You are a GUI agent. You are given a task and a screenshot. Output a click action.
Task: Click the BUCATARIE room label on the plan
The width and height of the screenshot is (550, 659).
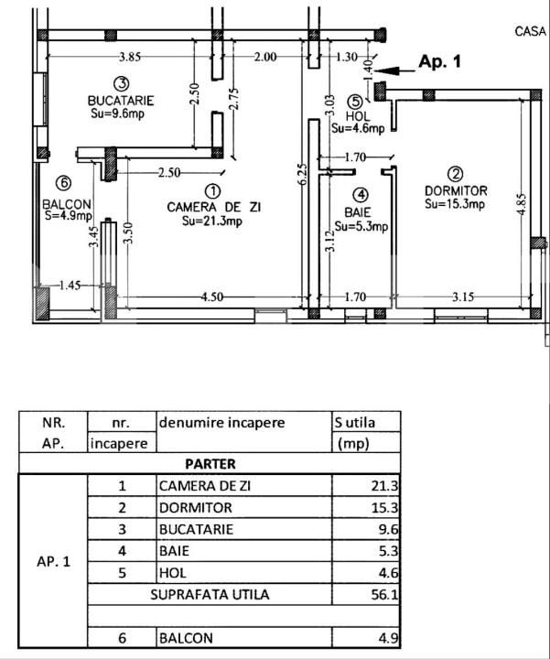click(x=121, y=101)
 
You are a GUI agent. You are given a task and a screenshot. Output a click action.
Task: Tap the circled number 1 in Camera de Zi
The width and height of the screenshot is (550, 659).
click(x=212, y=191)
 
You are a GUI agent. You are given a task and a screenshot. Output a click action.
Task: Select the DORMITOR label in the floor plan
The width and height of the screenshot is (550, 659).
click(x=456, y=190)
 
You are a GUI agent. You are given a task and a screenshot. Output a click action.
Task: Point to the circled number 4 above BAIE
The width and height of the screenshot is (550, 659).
click(x=362, y=195)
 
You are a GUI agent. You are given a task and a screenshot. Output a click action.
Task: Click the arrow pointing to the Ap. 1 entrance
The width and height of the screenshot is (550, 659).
click(x=393, y=70)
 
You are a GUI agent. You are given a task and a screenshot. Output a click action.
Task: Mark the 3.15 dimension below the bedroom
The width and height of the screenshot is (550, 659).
click(x=463, y=296)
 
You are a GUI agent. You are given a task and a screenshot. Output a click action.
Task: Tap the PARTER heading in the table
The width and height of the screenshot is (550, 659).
click(x=210, y=465)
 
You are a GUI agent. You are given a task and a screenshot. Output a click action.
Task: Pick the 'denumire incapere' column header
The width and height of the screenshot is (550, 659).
click(x=221, y=423)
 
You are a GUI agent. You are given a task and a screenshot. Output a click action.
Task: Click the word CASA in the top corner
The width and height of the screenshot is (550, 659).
click(x=531, y=31)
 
